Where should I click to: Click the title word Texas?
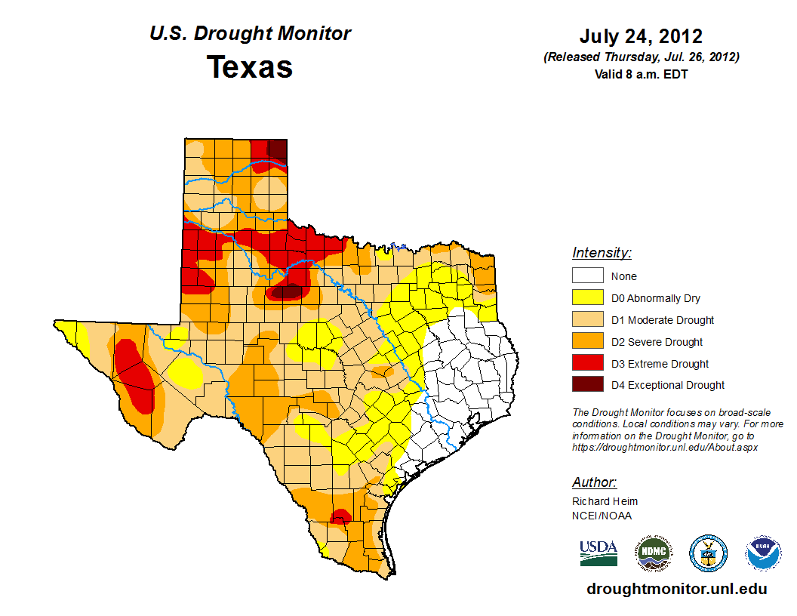point(250,67)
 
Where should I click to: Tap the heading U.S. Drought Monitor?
point(250,34)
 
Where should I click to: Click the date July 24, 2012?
point(641,36)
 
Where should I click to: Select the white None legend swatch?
point(587,276)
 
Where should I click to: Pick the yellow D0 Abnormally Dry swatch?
point(587,298)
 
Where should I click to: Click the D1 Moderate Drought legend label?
point(663,320)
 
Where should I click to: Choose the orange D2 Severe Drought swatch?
point(587,341)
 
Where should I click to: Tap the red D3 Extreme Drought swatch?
point(587,363)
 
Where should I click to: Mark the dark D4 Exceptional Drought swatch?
point(587,385)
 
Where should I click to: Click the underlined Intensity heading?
point(602,253)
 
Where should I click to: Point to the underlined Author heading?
point(594,482)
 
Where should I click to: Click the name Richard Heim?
point(605,501)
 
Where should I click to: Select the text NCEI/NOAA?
point(602,516)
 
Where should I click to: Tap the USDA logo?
point(599,553)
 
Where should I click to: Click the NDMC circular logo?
point(654,553)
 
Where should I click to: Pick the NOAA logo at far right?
point(763,553)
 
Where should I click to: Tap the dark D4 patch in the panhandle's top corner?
point(278,149)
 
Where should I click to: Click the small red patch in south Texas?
point(340,516)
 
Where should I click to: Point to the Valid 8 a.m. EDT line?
point(641,74)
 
